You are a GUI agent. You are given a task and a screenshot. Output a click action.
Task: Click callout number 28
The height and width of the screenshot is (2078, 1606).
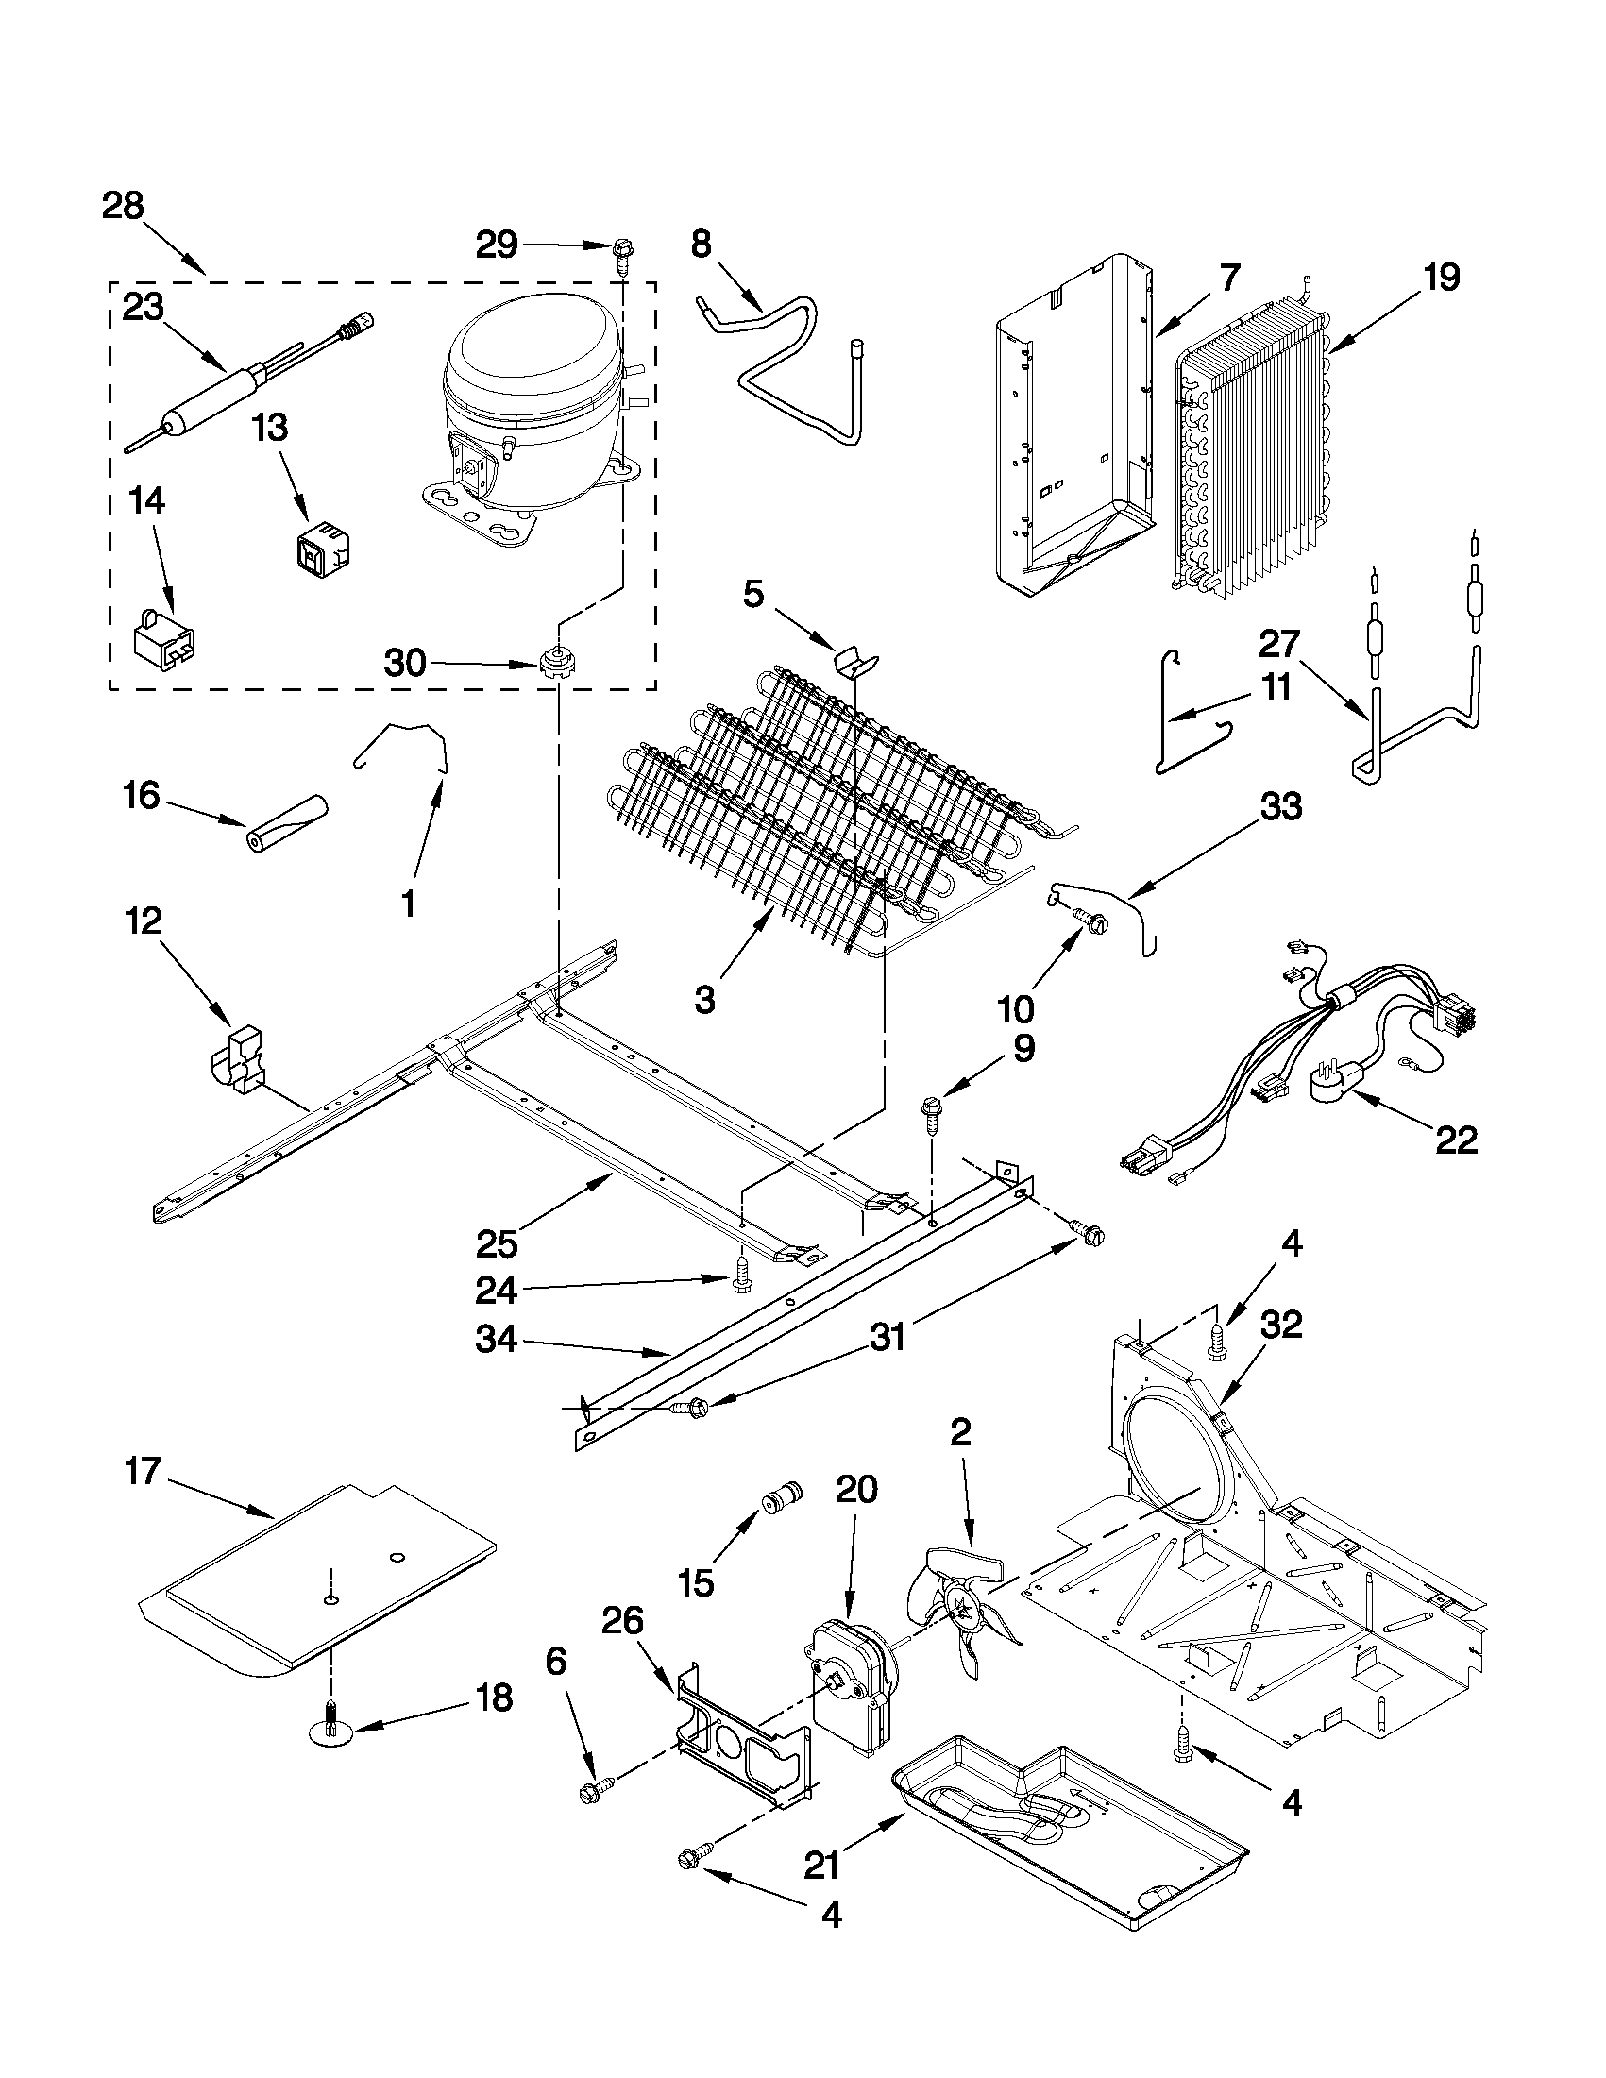coord(123,206)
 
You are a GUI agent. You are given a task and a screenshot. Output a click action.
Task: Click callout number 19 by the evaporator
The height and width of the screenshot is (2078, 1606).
coord(1441,278)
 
